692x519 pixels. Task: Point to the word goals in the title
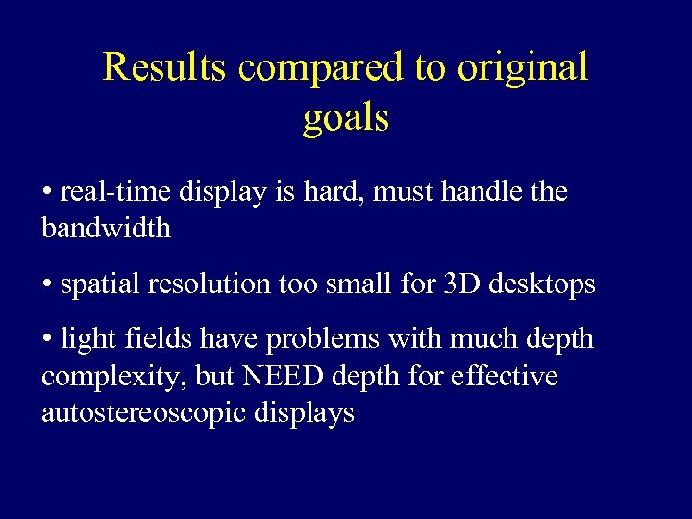tap(346, 119)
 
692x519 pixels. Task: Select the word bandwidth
tap(106, 229)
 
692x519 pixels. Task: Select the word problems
tap(309, 340)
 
